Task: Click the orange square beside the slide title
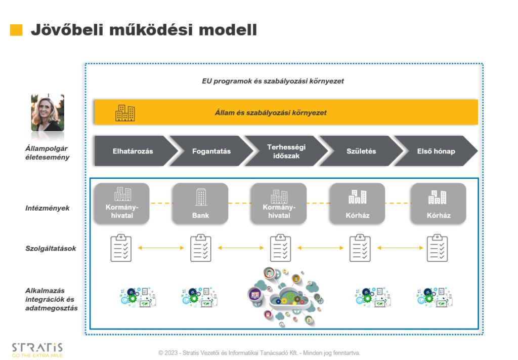coord(16,30)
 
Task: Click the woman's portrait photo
coord(48,112)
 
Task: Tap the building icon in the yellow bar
coord(125,112)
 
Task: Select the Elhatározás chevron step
coord(133,151)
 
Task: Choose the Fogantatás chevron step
coord(211,151)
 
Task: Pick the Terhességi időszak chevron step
coord(286,151)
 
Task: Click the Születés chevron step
coord(361,151)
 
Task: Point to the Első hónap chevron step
coord(436,151)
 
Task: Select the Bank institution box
coord(200,203)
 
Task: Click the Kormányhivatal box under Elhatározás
coord(122,203)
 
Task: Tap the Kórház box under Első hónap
coord(438,203)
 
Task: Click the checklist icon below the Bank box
coord(201,248)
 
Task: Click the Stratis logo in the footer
coord(37,349)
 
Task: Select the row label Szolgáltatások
coord(51,248)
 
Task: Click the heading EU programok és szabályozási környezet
coord(273,81)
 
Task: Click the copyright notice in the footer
coord(259,352)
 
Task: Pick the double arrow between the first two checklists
coord(161,248)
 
